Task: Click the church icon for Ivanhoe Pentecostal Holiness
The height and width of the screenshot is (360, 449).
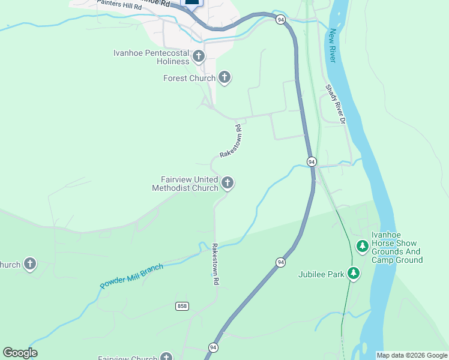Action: (199, 57)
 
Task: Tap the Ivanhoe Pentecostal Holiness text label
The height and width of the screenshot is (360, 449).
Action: (151, 57)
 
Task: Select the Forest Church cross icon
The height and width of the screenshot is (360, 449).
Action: (224, 77)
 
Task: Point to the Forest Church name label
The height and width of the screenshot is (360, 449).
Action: (189, 79)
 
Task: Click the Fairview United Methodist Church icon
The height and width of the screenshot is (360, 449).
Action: (227, 182)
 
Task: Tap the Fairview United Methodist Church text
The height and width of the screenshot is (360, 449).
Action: (185, 184)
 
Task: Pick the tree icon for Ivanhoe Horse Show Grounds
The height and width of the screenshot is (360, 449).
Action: (362, 246)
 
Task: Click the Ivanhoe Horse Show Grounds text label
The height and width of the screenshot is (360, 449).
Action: (397, 247)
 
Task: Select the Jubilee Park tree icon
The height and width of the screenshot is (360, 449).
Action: (354, 274)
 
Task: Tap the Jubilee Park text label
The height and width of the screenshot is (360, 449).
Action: (321, 275)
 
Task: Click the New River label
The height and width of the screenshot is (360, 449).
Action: (332, 46)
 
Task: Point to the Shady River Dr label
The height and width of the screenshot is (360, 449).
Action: (336, 104)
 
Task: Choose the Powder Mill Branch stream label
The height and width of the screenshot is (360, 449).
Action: (131, 276)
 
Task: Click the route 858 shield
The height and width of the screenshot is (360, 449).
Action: (182, 306)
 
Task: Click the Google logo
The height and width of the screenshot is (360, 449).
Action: (20, 353)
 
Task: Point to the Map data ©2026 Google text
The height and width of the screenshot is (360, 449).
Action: (412, 355)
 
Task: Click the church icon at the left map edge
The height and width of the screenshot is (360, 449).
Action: (29, 264)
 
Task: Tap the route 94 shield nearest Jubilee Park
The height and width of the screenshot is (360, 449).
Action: (280, 262)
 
